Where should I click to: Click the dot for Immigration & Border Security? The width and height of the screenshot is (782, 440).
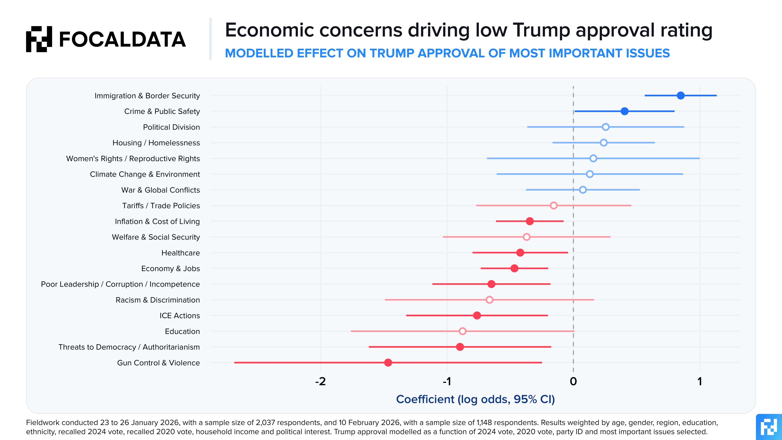[x=681, y=95]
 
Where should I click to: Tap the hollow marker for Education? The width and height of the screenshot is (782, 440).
[x=462, y=331]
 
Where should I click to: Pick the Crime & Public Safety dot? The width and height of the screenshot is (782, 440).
[x=624, y=111]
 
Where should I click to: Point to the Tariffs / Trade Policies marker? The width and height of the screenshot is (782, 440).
[x=554, y=206]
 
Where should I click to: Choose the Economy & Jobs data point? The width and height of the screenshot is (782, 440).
[x=514, y=268]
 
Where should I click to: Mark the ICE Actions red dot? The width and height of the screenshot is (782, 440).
[x=477, y=315]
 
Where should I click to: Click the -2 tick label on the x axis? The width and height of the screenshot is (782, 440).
[x=320, y=381]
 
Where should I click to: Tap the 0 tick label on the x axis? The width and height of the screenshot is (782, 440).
[x=573, y=381]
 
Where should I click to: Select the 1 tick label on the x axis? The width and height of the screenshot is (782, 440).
[x=700, y=381]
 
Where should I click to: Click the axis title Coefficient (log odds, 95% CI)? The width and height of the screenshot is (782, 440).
[x=475, y=399]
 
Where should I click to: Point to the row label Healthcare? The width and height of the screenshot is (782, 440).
[x=181, y=253]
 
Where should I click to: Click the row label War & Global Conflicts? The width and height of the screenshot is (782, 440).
[x=161, y=190]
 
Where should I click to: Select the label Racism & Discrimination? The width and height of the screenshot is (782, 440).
[x=158, y=300]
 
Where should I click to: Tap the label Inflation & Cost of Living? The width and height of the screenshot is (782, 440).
[x=157, y=221]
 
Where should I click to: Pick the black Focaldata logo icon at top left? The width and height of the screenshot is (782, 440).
[x=39, y=39]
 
